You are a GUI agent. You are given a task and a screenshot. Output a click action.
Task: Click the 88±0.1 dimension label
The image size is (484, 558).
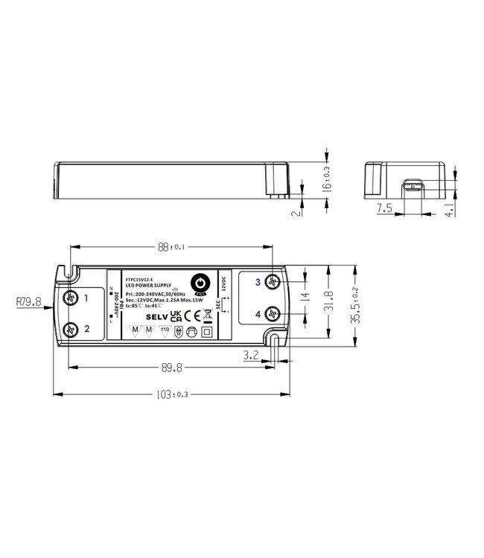tap(171, 248)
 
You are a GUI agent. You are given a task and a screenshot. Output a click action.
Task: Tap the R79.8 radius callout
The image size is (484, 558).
tap(28, 302)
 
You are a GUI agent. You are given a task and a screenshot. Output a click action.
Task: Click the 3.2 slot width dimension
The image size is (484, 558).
tap(252, 357)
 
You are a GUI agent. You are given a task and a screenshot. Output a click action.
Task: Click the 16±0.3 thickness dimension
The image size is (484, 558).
tap(325, 178)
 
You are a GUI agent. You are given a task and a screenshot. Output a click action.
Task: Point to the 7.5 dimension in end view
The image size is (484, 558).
tap(383, 209)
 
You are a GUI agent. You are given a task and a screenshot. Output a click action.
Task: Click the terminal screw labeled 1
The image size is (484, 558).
tap(71, 299)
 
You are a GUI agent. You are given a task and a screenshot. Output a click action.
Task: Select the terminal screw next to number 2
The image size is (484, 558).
tap(71, 329)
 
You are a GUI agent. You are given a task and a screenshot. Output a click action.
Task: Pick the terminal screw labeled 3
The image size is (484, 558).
tap(275, 283)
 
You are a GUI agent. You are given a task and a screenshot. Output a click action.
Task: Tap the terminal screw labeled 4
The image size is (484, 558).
tap(275, 314)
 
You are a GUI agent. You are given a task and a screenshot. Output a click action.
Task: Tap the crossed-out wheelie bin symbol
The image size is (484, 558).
tap(206, 316)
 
